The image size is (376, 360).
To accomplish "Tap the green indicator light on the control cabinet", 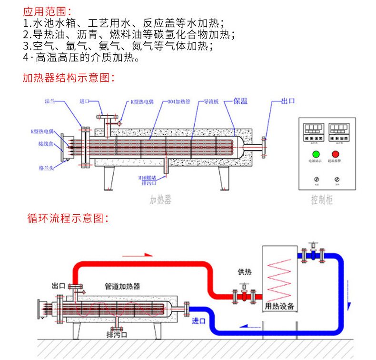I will [315, 154].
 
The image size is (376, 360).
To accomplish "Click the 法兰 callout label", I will [50, 101].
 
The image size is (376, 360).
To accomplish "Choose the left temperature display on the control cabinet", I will [314, 128].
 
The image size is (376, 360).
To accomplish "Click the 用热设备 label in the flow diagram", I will [279, 306].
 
